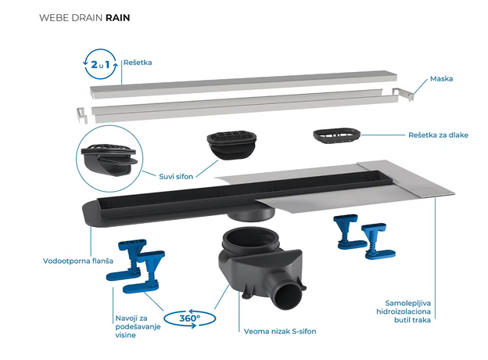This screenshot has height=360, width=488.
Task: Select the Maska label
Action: pos(442,79)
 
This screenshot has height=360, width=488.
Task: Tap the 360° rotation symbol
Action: pos(188,319)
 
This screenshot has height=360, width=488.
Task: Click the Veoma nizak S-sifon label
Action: pos(279,331)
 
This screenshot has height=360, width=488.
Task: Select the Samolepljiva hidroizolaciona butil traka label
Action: pos(429,311)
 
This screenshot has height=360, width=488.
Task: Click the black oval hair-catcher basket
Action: pos(335,138)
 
